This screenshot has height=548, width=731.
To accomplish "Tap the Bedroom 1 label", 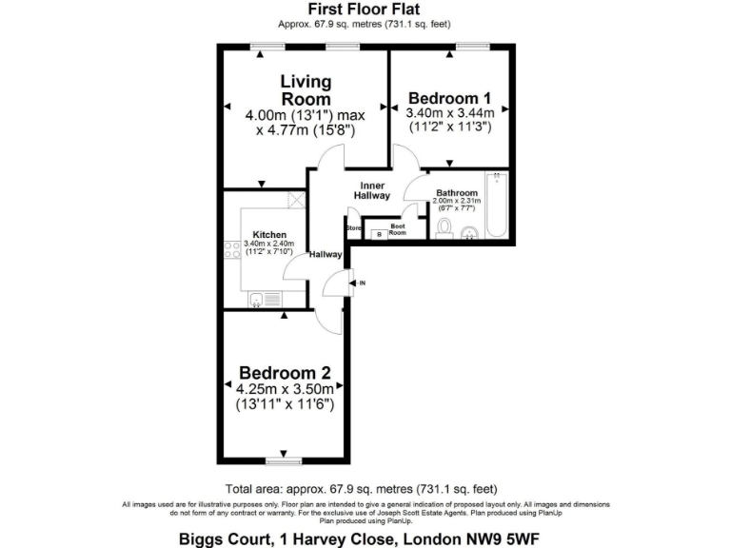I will [x=450, y=98].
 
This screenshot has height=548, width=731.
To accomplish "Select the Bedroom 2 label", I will [x=285, y=372].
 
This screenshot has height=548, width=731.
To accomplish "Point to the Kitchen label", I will [x=269, y=234].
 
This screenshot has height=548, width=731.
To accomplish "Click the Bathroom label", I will [x=457, y=193].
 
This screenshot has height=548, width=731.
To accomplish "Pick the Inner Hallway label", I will [x=371, y=189].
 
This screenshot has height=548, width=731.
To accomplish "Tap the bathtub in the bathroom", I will [x=497, y=205].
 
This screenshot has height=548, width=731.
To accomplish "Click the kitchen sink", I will [x=256, y=300].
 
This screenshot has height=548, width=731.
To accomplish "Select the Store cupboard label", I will [x=353, y=229].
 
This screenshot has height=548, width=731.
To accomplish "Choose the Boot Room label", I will [x=398, y=229].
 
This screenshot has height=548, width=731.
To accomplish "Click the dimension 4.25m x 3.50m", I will [x=285, y=388].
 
